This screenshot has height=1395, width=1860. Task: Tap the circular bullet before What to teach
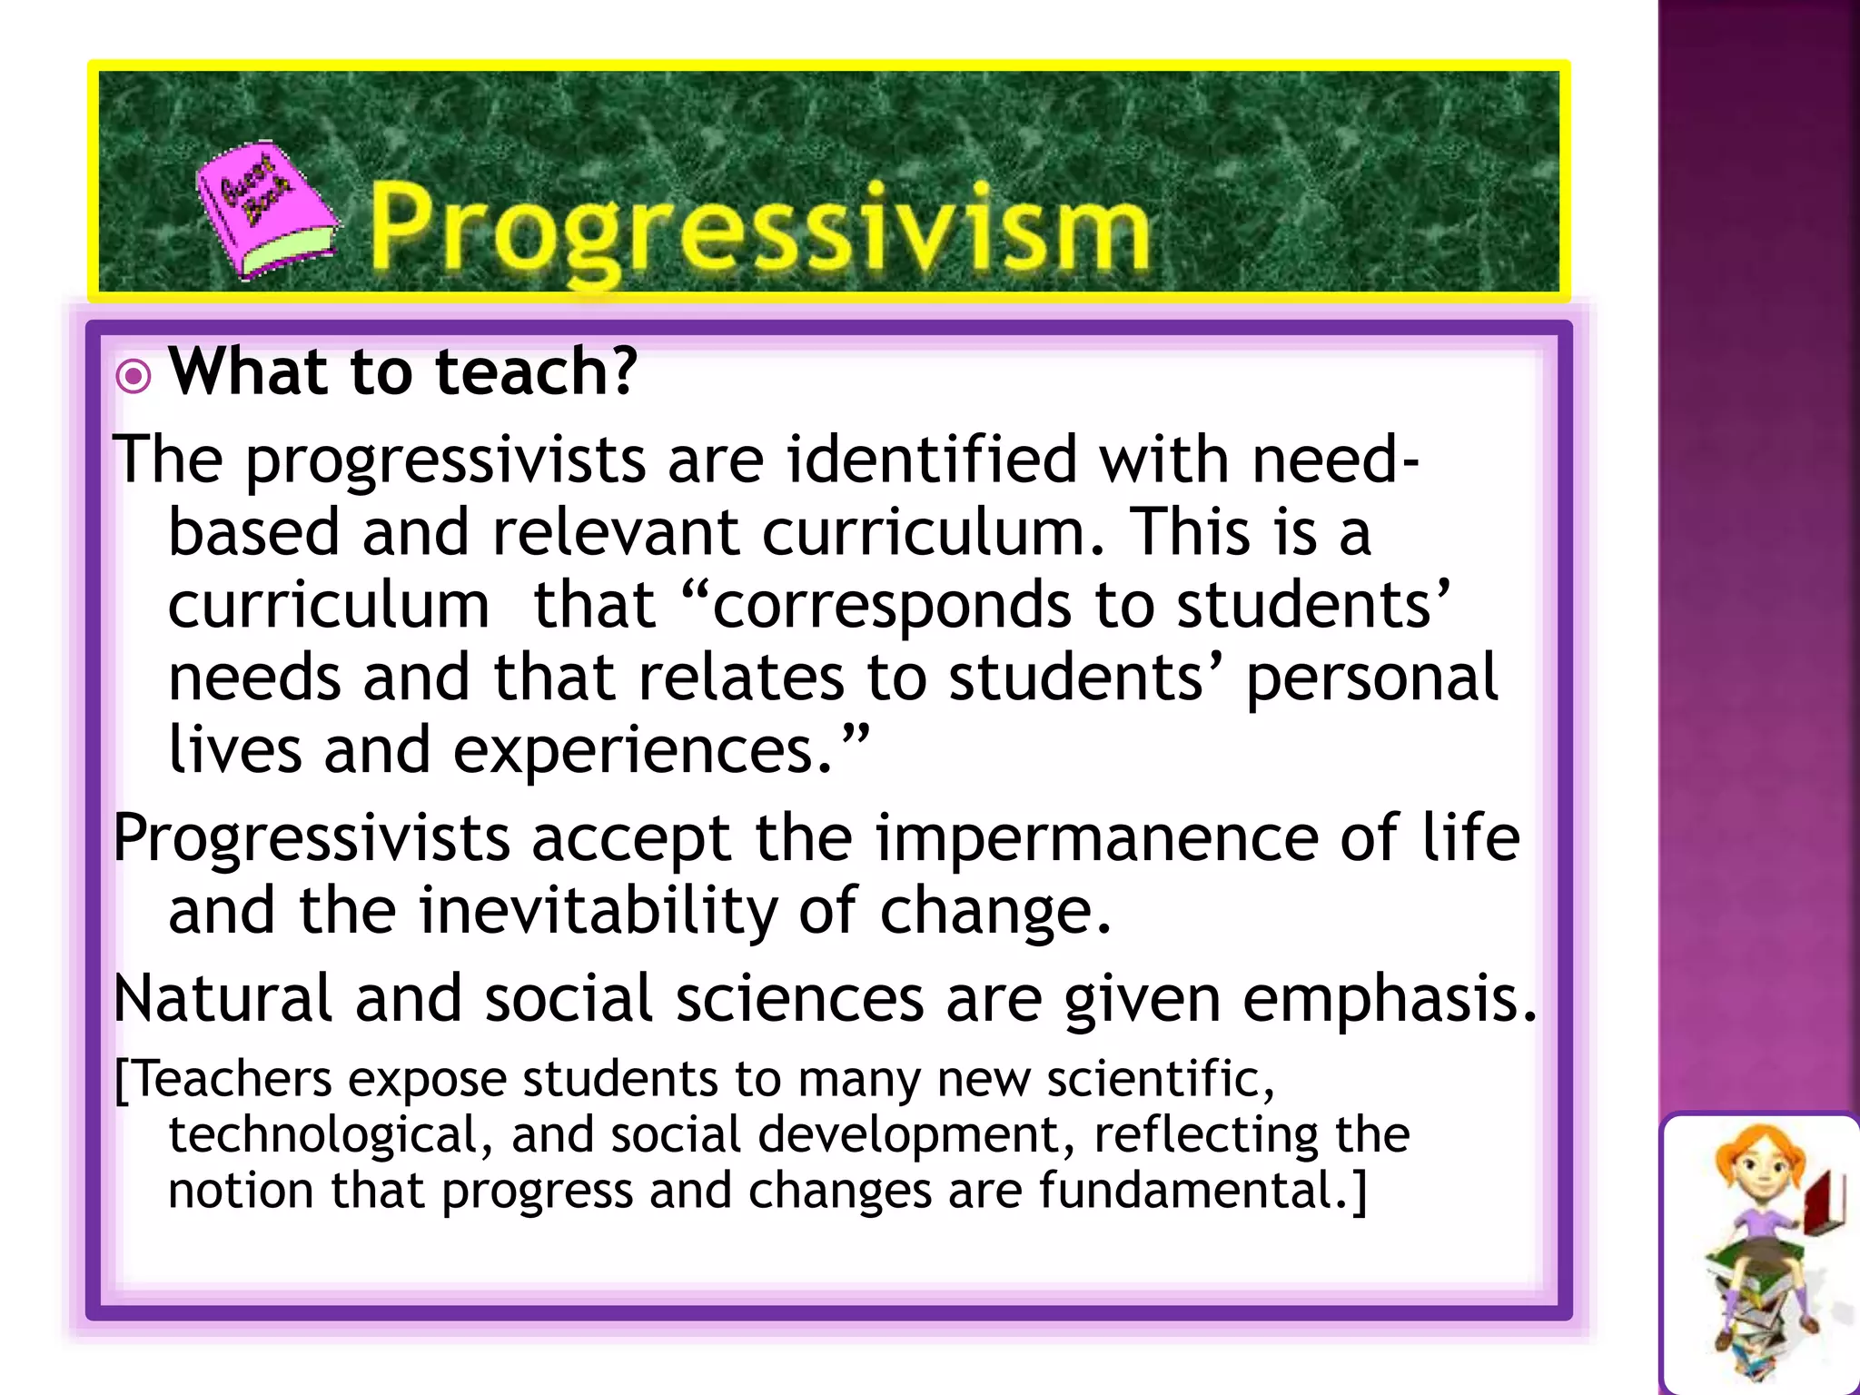coord(134,375)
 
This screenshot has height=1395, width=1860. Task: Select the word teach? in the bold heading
coord(536,372)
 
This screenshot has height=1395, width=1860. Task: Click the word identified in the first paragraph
coord(933,459)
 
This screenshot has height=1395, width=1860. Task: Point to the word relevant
coord(615,531)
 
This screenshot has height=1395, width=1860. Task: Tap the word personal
coord(1371,678)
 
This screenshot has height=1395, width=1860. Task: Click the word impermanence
coord(1097,837)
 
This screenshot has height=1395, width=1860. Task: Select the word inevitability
coord(598,910)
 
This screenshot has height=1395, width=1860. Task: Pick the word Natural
coord(223,998)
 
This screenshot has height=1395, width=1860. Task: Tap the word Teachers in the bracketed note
coord(232,1080)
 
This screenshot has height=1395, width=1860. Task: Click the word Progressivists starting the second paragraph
coord(312,837)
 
